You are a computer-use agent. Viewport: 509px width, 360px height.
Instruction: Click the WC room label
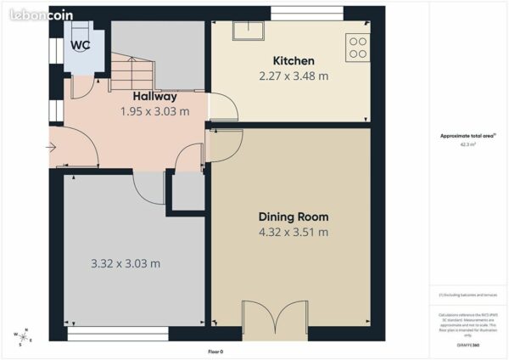pos(81,45)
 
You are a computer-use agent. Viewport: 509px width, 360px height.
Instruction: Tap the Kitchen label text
pos(294,61)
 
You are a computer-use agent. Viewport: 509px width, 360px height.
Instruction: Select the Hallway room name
pos(154,97)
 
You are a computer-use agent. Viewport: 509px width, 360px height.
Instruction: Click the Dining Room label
pos(294,217)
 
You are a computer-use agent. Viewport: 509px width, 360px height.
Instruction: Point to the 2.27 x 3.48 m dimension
pos(294,76)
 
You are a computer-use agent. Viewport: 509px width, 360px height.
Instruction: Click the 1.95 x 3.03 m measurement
pos(154,111)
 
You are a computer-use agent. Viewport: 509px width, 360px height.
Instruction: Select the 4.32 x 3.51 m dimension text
pos(294,232)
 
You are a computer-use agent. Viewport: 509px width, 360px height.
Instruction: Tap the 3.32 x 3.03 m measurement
pos(126,263)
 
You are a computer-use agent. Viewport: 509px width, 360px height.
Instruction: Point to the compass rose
pos(23,336)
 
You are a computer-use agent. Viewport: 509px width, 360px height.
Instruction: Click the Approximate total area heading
pos(467,137)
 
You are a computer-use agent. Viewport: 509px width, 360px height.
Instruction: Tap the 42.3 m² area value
pos(467,144)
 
